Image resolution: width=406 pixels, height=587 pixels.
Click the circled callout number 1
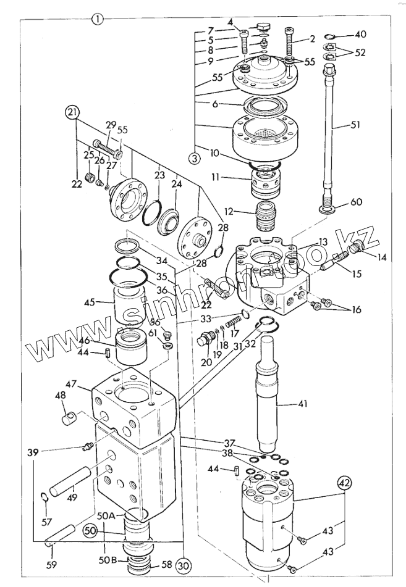pyautogui.click(x=98, y=19)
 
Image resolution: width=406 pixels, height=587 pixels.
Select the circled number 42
pyautogui.click(x=345, y=483)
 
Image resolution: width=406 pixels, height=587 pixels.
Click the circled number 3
pyautogui.click(x=195, y=158)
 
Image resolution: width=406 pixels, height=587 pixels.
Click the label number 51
pyautogui.click(x=354, y=124)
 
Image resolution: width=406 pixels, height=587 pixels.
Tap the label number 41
pyautogui.click(x=302, y=404)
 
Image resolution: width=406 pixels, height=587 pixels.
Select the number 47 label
pyautogui.click(x=71, y=384)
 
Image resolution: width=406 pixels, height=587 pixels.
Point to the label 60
pyautogui.click(x=356, y=202)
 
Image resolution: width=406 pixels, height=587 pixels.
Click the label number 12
pyautogui.click(x=228, y=212)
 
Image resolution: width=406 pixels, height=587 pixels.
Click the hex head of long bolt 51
pyautogui.click(x=330, y=69)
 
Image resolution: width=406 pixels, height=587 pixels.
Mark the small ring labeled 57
pyautogui.click(x=44, y=497)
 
